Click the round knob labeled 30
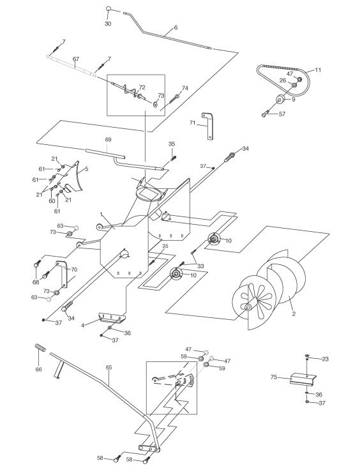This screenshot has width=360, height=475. point(109,9)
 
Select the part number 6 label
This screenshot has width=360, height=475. point(176,27)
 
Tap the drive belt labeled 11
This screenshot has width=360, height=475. point(283,78)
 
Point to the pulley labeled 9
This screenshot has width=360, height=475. point(280,99)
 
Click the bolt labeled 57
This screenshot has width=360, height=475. point(266,114)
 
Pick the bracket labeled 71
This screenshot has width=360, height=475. point(208,125)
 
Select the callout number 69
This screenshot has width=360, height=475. point(108,140)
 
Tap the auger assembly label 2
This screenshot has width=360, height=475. point(294,314)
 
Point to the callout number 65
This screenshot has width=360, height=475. point(109,368)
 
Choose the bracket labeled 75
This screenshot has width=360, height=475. point(303,379)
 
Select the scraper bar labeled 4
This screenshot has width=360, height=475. point(112,318)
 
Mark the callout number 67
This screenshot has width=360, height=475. point(75,59)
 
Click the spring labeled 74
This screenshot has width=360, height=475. point(174,99)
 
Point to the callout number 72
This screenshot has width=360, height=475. point(142,87)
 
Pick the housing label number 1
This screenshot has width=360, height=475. point(101,214)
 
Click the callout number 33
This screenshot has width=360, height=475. point(200,266)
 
